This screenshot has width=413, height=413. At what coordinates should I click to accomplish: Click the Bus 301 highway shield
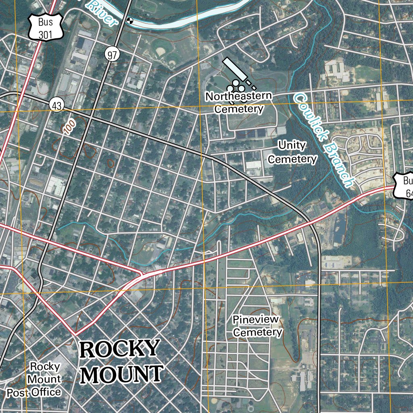46,28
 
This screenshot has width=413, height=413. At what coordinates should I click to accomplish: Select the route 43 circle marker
57,106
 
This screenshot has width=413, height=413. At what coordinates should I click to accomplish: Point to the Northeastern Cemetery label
239,102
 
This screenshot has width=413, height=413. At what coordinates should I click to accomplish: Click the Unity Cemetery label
292,152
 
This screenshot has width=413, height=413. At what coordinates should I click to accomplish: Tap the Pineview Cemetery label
257,326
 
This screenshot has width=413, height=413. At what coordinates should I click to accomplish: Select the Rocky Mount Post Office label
34,379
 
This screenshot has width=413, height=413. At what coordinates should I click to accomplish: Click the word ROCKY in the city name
119,349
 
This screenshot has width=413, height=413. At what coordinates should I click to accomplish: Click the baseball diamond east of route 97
161,51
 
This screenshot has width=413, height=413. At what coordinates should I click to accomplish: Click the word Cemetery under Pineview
258,332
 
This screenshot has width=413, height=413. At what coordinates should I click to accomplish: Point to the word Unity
292,145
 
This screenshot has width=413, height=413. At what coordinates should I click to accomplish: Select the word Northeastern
239,96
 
